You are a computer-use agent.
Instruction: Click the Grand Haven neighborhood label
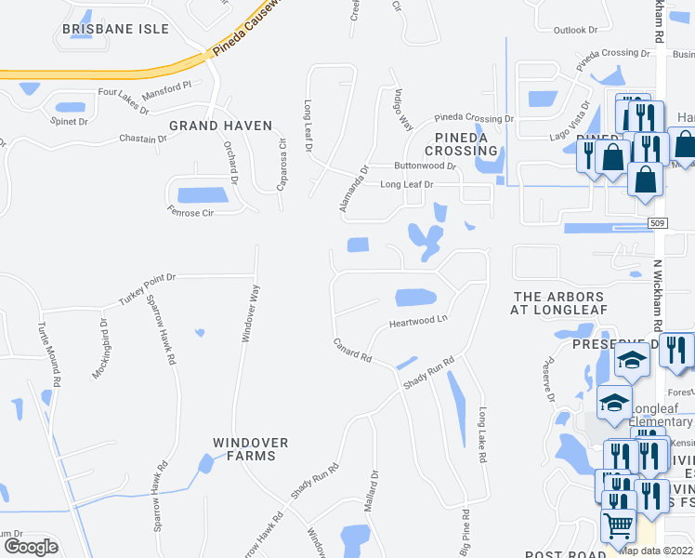coord(220,126)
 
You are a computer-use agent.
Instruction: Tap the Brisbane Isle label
coord(115,30)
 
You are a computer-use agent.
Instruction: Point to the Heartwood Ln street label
coord(418,321)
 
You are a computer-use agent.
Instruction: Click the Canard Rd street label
coord(353,351)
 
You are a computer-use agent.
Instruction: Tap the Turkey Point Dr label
coord(147,290)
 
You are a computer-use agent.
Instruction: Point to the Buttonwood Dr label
coord(425,166)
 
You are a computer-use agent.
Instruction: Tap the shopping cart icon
coord(618,527)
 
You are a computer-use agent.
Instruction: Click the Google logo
coord(30,546)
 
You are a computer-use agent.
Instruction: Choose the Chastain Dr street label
coord(142,139)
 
